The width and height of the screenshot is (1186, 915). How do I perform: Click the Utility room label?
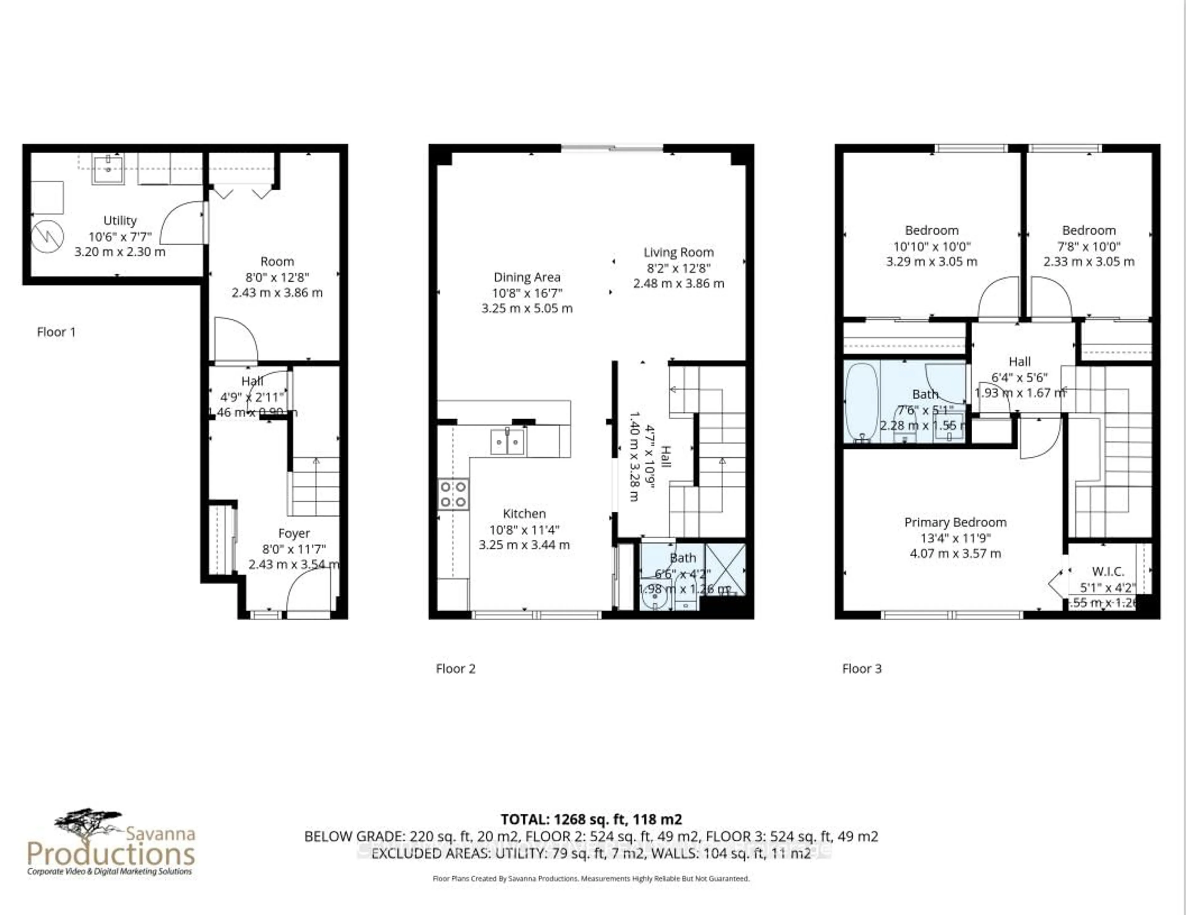pyautogui.click(x=120, y=221)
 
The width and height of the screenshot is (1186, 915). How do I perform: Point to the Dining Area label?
pyautogui.click(x=527, y=277)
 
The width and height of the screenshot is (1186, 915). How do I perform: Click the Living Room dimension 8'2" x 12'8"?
pyautogui.click(x=678, y=268)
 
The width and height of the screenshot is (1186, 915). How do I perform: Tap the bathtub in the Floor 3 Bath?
pyautogui.click(x=861, y=401)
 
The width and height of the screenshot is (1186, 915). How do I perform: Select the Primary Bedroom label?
pyautogui.click(x=955, y=522)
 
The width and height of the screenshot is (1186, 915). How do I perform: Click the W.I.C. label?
pyautogui.click(x=1108, y=572)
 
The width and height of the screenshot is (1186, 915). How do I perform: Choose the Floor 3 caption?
pyautogui.click(x=862, y=669)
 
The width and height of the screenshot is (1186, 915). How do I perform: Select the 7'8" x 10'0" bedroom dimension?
pyautogui.click(x=1089, y=246)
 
